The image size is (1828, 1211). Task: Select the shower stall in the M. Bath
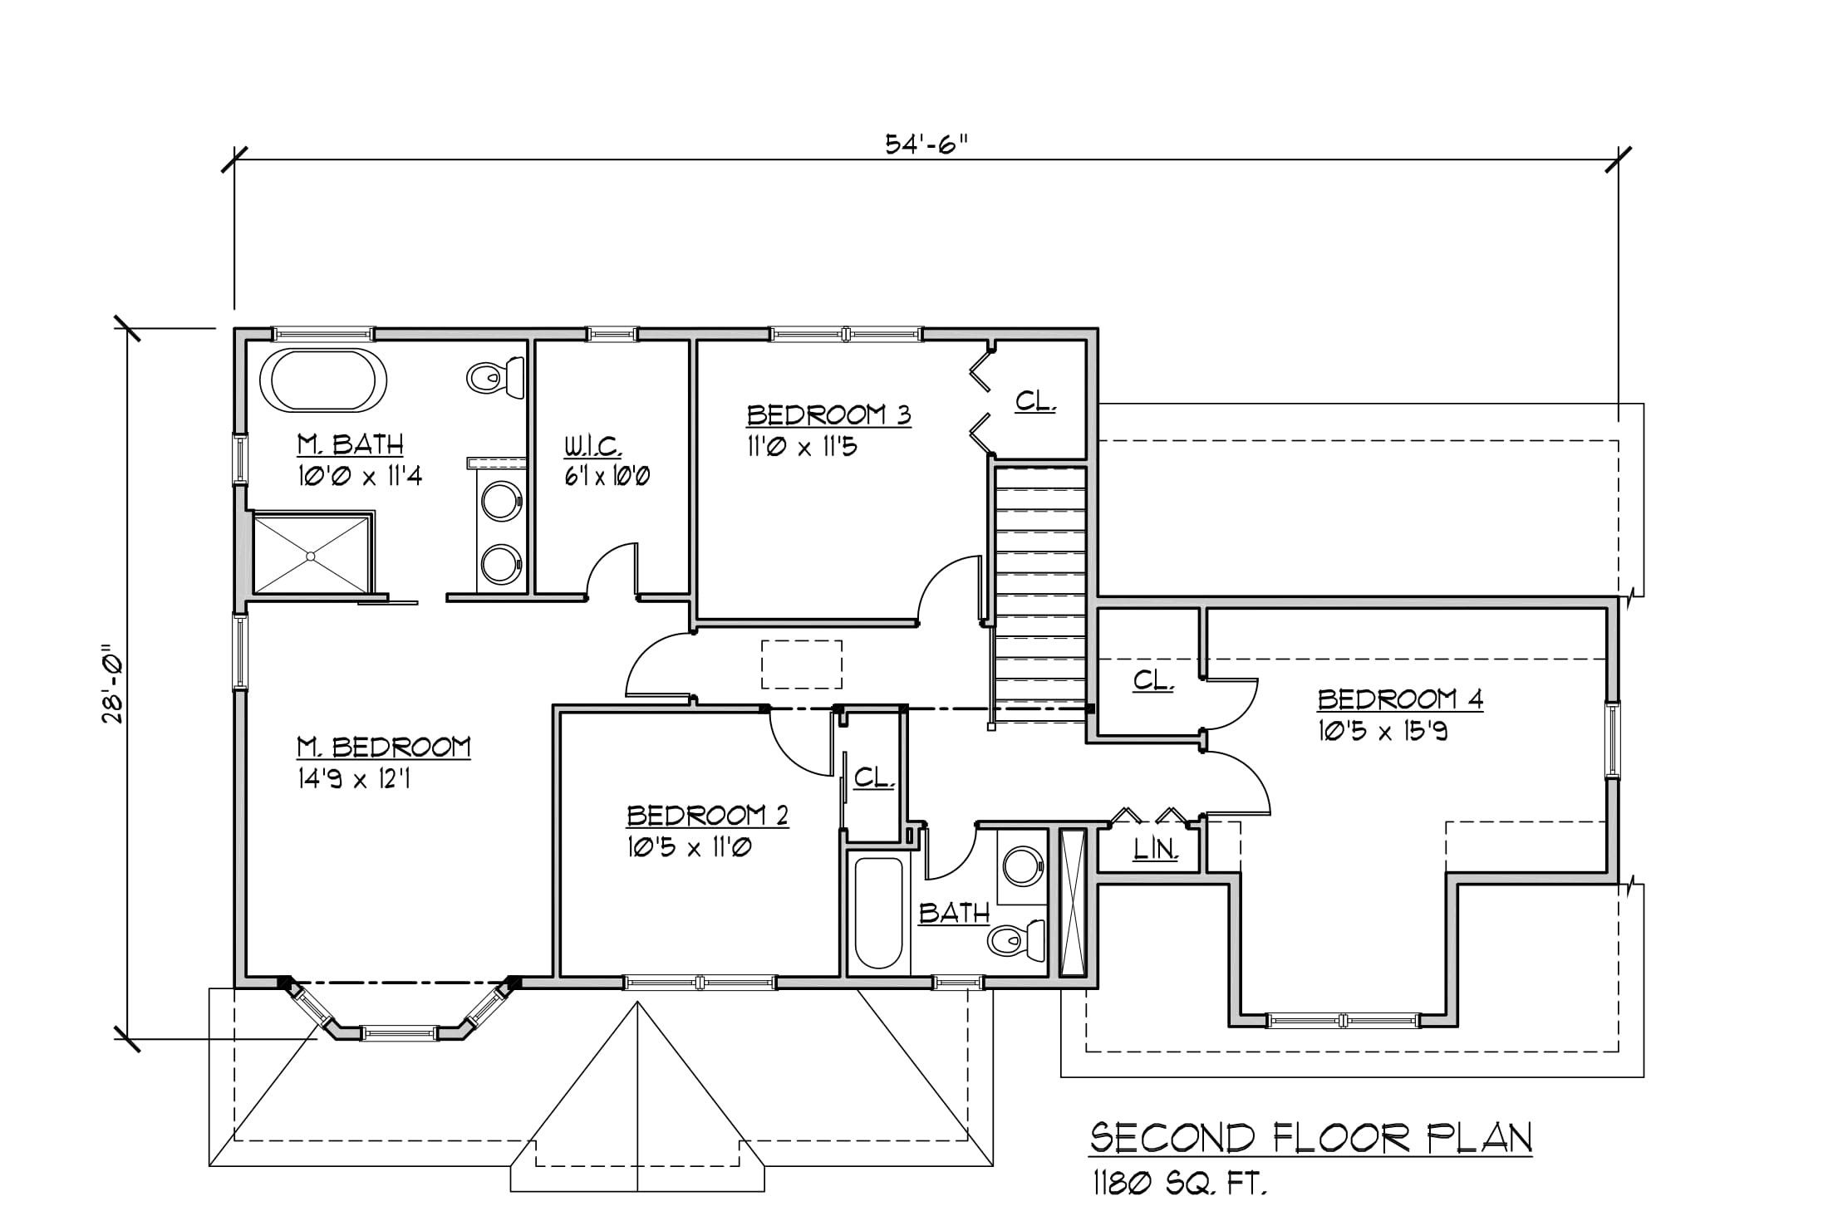(312, 554)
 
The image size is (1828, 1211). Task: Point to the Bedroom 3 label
(828, 414)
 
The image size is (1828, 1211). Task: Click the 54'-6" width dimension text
(927, 145)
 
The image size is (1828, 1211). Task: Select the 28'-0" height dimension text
(113, 683)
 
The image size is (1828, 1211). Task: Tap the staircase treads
(1041, 594)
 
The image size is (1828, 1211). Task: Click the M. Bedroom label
(384, 748)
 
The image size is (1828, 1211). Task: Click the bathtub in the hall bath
(878, 913)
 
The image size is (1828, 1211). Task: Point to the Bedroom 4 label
(1400, 699)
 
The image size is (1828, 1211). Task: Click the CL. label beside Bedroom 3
(1035, 401)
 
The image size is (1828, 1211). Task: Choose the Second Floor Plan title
(1311, 1138)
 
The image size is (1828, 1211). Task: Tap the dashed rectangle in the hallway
(802, 664)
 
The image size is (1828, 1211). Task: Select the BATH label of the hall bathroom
(954, 914)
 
